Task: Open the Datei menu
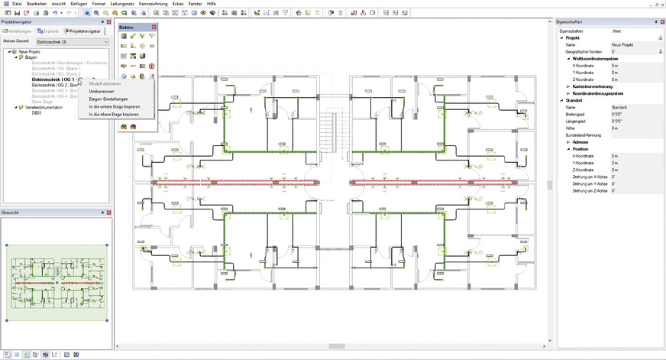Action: coord(17,4)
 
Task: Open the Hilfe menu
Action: coord(211,4)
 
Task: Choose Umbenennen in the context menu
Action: coord(102,91)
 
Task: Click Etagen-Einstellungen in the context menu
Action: coord(108,99)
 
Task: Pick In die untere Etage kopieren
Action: coord(114,106)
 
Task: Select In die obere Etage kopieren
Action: coord(113,114)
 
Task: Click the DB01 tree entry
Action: coord(36,112)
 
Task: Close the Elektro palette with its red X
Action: coord(154,27)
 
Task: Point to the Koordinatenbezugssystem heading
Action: coord(603,93)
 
